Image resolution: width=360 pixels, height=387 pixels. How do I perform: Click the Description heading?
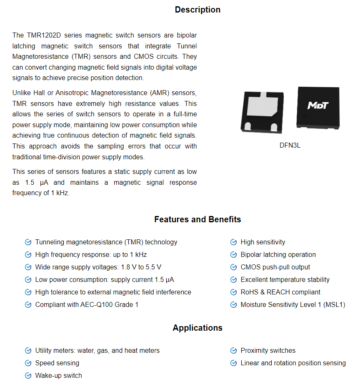[x=197, y=10]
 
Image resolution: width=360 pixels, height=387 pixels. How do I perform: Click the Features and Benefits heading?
[x=197, y=219]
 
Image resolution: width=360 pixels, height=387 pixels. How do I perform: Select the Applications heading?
[x=197, y=328]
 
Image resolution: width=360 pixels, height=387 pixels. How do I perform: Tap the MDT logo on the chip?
[x=318, y=105]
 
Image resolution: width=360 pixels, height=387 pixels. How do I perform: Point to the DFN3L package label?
[x=290, y=146]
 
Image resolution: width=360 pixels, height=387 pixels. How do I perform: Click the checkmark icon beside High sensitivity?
[x=234, y=242]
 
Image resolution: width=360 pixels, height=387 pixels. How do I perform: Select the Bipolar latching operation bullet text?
[x=278, y=255]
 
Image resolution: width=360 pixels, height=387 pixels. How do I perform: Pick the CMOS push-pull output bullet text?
[x=275, y=267]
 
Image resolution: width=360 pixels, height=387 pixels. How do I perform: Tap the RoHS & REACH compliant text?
[x=280, y=292]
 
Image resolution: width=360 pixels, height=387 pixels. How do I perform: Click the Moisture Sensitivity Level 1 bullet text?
[x=292, y=305]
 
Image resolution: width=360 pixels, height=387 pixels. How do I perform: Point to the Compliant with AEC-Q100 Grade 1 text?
[x=87, y=305]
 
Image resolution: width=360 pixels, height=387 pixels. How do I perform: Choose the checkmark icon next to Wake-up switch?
[x=28, y=376]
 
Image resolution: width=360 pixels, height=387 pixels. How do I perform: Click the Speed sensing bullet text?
[x=57, y=363]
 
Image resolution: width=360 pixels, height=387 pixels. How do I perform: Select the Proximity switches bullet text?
[x=268, y=351]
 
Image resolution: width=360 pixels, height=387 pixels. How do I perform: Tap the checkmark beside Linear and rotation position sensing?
[x=234, y=363]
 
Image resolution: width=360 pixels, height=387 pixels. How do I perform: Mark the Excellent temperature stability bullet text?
[x=285, y=280]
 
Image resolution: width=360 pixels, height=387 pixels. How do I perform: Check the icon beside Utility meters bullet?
[x=28, y=351]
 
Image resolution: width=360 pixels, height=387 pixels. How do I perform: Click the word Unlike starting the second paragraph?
[x=22, y=93]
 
